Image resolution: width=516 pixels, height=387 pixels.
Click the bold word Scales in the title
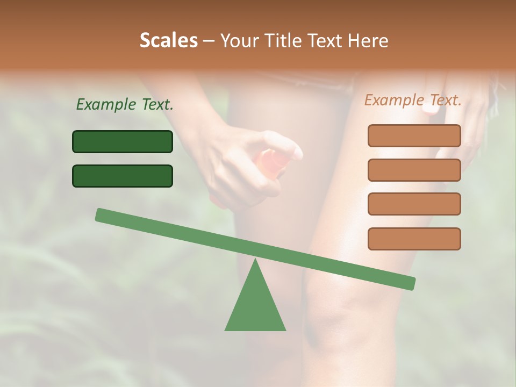click(168, 40)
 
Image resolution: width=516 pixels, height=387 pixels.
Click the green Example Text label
click(125, 105)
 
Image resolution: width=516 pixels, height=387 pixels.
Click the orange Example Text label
click(413, 100)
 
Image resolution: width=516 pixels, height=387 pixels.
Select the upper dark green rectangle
click(123, 141)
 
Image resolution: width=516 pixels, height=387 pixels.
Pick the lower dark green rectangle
click(123, 176)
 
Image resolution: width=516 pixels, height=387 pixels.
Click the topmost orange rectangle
click(414, 135)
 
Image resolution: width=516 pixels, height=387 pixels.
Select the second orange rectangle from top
click(414, 170)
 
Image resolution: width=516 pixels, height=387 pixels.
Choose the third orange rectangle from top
click(414, 204)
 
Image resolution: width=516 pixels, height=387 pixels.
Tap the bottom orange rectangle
click(414, 239)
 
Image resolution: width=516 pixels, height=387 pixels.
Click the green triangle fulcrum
click(255, 306)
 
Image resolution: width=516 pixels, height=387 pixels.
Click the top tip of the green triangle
click(255, 261)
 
